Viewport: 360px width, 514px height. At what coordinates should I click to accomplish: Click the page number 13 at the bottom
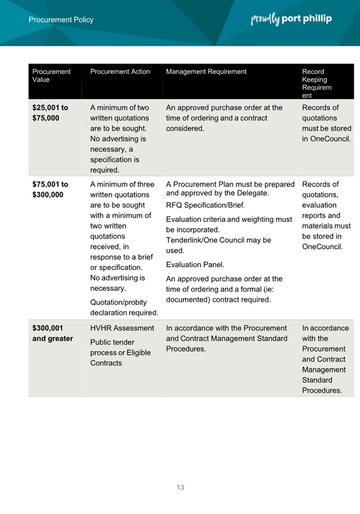pyautogui.click(x=180, y=487)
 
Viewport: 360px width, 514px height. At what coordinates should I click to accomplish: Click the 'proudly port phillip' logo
pyautogui.click(x=291, y=19)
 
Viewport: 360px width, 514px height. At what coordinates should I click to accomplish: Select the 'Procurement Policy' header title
pyautogui.click(x=61, y=20)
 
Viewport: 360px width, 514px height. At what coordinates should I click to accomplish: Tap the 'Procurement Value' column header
pyautogui.click(x=51, y=76)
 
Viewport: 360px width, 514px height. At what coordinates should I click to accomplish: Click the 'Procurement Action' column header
pyautogui.click(x=120, y=72)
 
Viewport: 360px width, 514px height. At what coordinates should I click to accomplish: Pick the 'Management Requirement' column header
pyautogui.click(x=206, y=72)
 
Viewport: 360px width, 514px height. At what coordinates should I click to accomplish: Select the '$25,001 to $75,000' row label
pyautogui.click(x=50, y=113)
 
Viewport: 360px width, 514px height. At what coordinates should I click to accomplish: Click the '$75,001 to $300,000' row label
pyautogui.click(x=50, y=190)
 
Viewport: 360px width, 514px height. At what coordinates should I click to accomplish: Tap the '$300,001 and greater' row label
pyautogui.click(x=52, y=333)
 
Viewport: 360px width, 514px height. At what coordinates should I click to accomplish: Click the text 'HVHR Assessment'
pyautogui.click(x=122, y=328)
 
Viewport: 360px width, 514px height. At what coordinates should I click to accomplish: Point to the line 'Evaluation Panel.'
pyautogui.click(x=195, y=264)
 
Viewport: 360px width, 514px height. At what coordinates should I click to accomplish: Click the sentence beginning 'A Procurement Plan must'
pyautogui.click(x=230, y=189)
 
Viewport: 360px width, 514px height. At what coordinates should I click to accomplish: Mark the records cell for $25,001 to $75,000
pyautogui.click(x=326, y=123)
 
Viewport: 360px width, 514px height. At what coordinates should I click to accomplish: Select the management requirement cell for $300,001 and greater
pyautogui.click(x=226, y=339)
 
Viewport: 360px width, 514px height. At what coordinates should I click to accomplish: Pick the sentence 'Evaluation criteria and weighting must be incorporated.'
pyautogui.click(x=229, y=225)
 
